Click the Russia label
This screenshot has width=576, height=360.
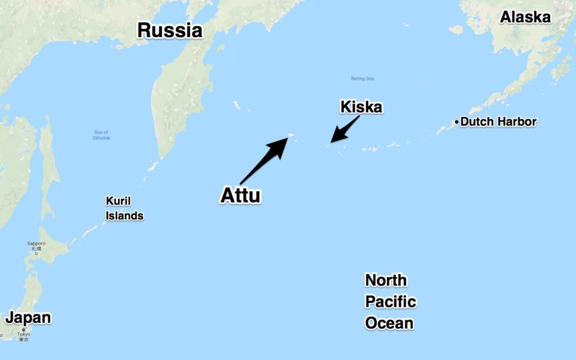170,30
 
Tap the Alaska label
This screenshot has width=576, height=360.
526,17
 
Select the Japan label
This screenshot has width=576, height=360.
28,317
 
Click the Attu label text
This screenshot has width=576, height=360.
241,196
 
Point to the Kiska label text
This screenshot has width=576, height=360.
361,107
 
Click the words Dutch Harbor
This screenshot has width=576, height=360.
498,122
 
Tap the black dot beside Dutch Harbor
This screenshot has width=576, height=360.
457,122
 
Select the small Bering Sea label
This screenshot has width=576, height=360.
362,79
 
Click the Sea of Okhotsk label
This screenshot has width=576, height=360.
101,135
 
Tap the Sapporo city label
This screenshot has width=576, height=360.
36,244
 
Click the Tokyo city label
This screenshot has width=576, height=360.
23,335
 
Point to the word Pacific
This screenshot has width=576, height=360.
391,302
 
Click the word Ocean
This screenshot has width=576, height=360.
389,323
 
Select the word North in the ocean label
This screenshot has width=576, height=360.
386,280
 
